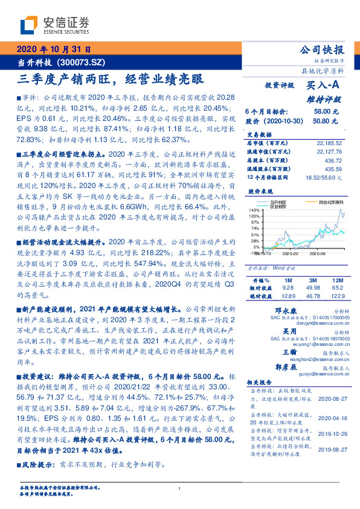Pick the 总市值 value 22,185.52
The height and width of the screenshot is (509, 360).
[329, 141]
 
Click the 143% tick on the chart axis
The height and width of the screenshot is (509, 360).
[254, 209]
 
